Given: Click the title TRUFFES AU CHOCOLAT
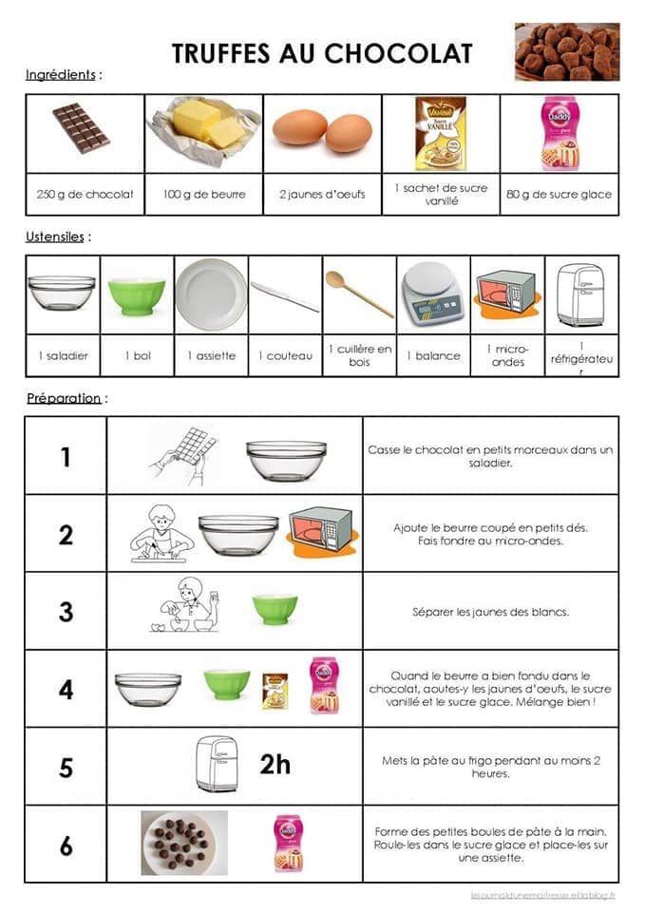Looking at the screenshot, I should pos(321,53).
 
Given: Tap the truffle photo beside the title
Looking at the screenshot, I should pos(566,52).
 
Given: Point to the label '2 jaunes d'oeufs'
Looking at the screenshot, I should pos(322,195).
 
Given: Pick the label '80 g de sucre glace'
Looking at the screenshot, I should pos(559,195).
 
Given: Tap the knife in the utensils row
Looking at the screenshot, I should pos(284,296).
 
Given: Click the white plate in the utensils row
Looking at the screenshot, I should pos(210,294).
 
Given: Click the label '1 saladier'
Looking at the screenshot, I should pos(63,355).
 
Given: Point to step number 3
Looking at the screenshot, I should pos(66,612).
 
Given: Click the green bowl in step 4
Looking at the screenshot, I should pos(227,684).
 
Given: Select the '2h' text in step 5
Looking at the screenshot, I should pos(275,763).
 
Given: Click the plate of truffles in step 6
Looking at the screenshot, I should pos(184,841).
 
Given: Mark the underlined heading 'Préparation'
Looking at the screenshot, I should pos(64,398).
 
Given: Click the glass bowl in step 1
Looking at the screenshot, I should pos(286,460).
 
